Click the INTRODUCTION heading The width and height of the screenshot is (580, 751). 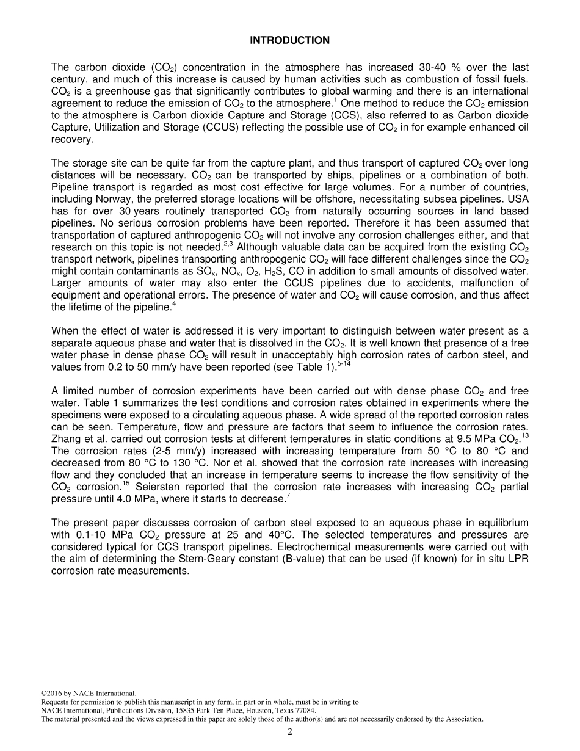pyautogui.click(x=289, y=40)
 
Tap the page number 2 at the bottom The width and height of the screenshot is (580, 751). pyautogui.click(x=290, y=732)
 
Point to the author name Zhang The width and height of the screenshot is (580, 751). pyautogui.click(x=65, y=440)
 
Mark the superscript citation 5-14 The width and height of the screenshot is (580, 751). pyautogui.click(x=344, y=365)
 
